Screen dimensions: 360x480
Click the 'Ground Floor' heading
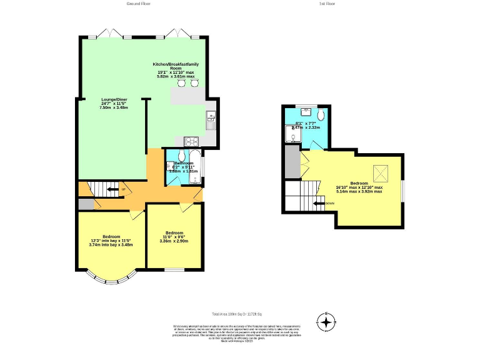[x=138, y=4]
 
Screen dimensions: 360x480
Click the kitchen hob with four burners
[x=190, y=141]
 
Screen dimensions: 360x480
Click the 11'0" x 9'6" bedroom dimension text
[x=174, y=237]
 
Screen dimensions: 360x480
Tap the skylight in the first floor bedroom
[x=379, y=171]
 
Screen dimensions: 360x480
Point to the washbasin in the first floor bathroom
[x=306, y=111]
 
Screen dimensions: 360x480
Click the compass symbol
[x=326, y=322]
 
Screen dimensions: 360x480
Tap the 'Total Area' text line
[x=236, y=314]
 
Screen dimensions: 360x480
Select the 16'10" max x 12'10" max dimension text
[x=359, y=187]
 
